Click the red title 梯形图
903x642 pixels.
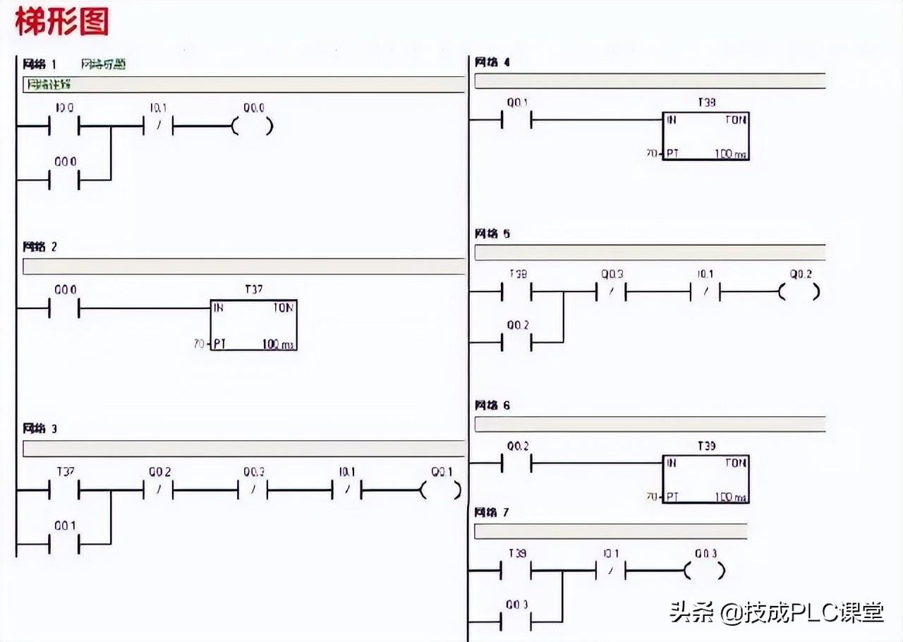62,21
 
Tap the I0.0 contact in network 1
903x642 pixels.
63,127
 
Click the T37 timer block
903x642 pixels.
253,325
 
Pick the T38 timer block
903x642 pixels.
705,136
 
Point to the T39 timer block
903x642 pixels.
705,479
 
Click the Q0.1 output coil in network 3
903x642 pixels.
442,490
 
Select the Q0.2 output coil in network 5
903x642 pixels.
800,291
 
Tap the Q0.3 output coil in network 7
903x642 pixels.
705,571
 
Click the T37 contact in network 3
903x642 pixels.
63,490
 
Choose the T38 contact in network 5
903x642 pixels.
516,291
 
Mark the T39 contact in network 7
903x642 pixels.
516,571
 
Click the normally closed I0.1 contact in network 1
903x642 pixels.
159,127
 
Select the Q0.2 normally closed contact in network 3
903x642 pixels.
159,490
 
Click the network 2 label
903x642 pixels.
40,247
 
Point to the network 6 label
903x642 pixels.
492,406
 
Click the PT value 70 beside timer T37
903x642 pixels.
199,344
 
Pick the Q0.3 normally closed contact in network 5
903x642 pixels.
612,291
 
